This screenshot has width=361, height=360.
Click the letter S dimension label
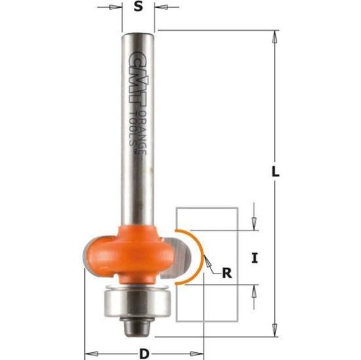[137, 9]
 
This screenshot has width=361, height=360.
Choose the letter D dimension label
[143, 354]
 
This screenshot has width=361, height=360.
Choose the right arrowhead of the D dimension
[196, 354]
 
